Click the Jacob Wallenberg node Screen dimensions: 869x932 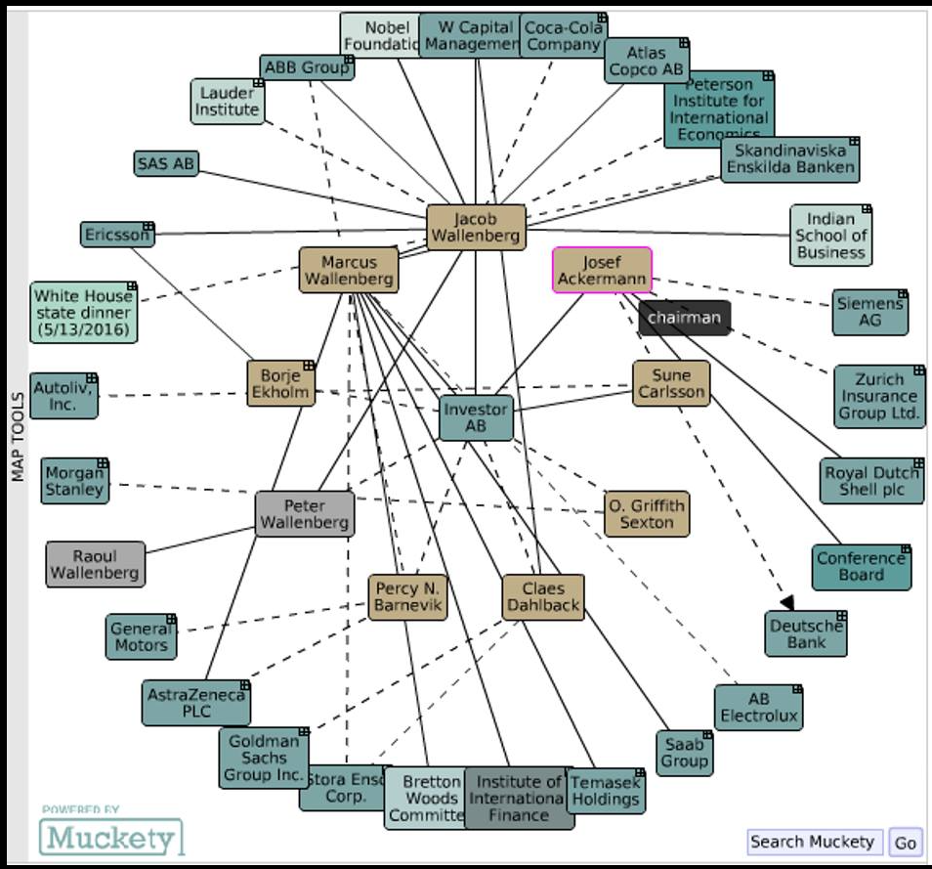(476, 228)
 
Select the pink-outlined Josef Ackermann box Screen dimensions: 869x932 (602, 271)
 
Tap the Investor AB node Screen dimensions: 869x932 (476, 417)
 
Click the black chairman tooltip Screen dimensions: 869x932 (685, 318)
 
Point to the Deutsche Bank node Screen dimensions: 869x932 (806, 633)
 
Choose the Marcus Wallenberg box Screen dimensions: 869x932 (349, 271)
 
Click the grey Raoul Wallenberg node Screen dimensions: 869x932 (95, 564)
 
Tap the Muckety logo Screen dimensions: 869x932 (111, 837)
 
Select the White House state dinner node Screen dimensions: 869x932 (84, 312)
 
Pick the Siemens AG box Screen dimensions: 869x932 (869, 313)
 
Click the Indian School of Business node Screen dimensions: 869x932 (830, 236)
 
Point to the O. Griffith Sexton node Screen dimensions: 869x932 (647, 513)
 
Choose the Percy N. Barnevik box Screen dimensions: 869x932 (407, 597)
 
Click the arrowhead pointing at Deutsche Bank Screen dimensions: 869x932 (786, 602)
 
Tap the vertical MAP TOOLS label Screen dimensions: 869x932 (17, 436)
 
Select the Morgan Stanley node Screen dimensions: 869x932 (75, 481)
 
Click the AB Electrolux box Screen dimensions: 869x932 (758, 707)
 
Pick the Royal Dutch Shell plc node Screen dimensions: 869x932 (871, 480)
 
